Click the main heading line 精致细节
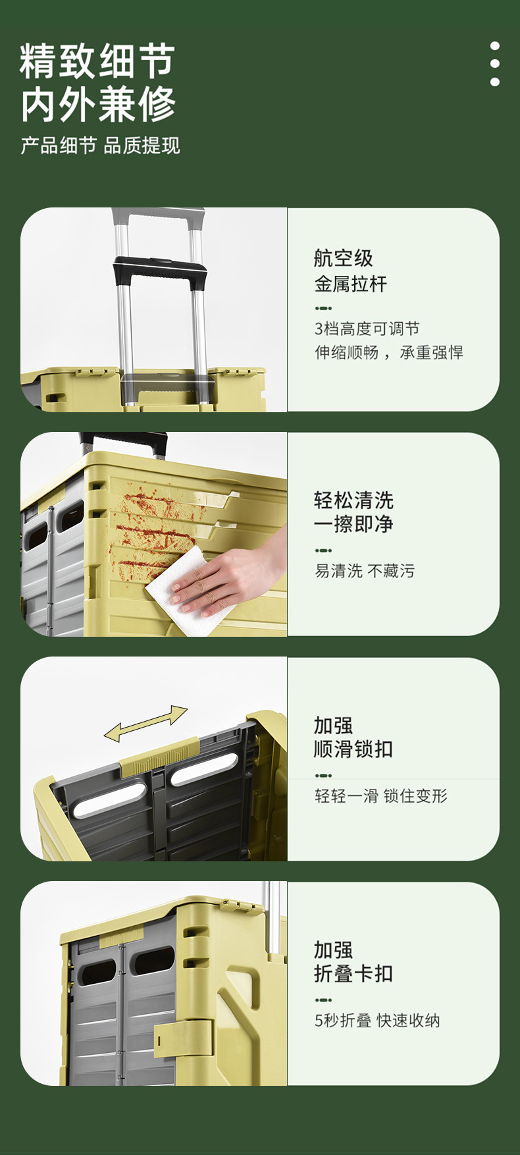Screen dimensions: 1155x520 click(x=97, y=61)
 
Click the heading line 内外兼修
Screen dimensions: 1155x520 click(x=97, y=104)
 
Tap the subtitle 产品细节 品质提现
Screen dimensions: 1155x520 click(x=100, y=146)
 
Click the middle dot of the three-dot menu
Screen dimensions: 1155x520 click(x=495, y=64)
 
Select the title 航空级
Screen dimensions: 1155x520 click(x=343, y=258)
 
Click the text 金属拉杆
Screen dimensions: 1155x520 click(x=350, y=284)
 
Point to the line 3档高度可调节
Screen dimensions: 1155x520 click(x=367, y=329)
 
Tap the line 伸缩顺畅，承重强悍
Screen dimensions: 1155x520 click(x=388, y=352)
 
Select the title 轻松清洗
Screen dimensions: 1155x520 click(x=353, y=500)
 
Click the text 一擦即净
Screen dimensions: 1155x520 click(x=353, y=524)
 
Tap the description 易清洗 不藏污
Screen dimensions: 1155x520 click(x=365, y=571)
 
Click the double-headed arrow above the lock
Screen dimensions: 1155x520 click(x=145, y=723)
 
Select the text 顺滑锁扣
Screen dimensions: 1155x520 click(x=353, y=749)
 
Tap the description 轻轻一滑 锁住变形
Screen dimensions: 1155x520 click(x=380, y=796)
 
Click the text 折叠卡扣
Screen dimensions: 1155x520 click(x=353, y=973)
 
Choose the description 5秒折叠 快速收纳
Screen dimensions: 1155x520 click(x=377, y=1021)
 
